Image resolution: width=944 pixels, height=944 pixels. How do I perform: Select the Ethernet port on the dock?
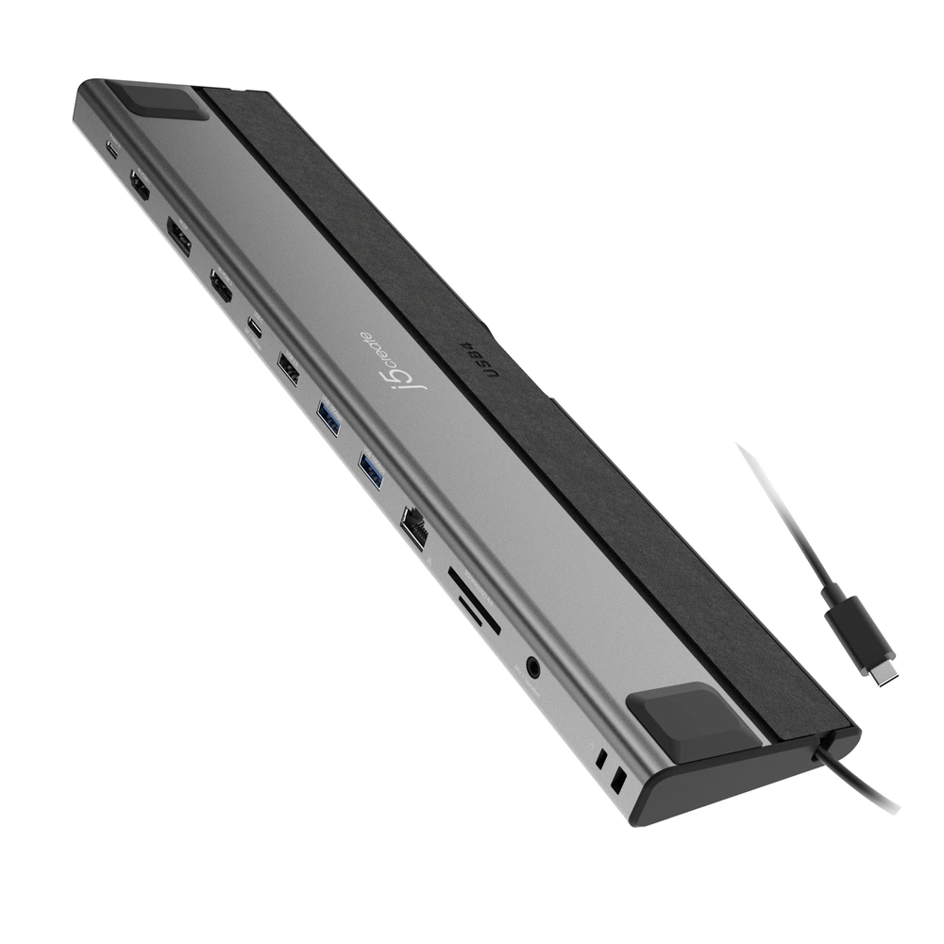(414, 525)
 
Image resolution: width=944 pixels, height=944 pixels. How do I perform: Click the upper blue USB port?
(329, 418)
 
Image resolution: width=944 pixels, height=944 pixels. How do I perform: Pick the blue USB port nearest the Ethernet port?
(371, 469)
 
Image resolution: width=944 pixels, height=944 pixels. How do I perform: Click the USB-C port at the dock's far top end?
(111, 149)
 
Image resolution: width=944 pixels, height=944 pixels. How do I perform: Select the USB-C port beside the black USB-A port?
(255, 327)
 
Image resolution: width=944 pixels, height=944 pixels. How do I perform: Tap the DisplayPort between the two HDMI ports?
(178, 237)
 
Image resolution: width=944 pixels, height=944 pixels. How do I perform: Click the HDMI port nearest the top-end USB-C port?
(140, 186)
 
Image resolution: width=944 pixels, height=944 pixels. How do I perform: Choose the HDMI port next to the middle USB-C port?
(222, 285)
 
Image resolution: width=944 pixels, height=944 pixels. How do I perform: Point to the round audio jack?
(535, 667)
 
